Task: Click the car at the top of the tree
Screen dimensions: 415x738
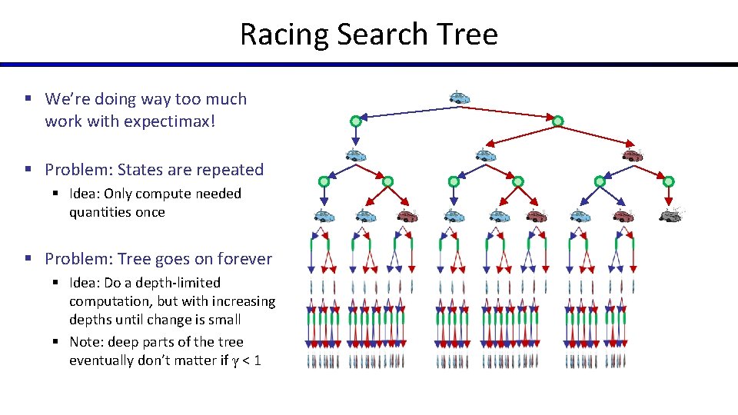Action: [x=460, y=98]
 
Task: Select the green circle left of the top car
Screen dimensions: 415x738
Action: [x=356, y=121]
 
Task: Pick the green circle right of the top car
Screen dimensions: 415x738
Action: [x=558, y=121]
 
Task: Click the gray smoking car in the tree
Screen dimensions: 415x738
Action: [x=671, y=215]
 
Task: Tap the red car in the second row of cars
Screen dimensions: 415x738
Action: [x=632, y=155]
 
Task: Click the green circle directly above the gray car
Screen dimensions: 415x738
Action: [x=668, y=181]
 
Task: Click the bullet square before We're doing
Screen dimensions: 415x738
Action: [x=27, y=99]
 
